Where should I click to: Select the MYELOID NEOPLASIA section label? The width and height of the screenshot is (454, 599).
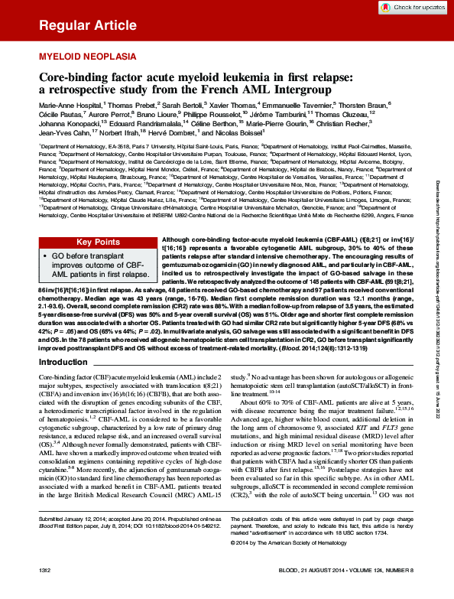(88, 57)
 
